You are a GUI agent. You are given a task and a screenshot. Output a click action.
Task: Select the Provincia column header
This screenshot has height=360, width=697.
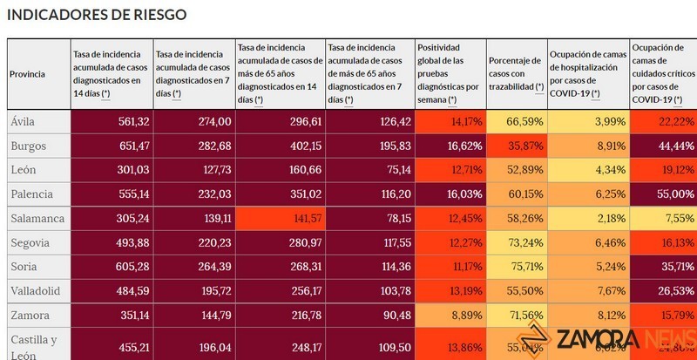(x=27, y=74)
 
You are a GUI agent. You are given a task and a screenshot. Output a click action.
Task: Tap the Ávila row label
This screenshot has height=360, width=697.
(x=23, y=121)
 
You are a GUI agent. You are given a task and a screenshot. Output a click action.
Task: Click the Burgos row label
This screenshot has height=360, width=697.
(x=28, y=146)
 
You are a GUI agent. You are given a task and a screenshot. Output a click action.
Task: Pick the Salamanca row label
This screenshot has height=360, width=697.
(x=36, y=218)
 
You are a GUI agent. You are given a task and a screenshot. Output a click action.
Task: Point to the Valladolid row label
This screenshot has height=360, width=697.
(x=35, y=290)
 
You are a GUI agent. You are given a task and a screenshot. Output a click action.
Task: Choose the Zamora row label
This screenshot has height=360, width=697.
(x=29, y=315)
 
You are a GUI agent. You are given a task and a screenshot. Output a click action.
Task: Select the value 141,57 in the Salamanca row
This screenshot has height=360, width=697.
(x=299, y=218)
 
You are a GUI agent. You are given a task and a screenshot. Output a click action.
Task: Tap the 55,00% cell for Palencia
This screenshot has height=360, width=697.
(x=674, y=194)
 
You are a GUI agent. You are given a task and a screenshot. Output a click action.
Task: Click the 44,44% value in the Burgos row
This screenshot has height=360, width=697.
(x=675, y=146)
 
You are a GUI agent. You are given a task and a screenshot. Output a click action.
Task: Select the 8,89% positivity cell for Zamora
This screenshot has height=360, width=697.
(x=463, y=315)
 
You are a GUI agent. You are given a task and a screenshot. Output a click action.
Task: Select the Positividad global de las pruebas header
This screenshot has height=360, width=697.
(x=449, y=74)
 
